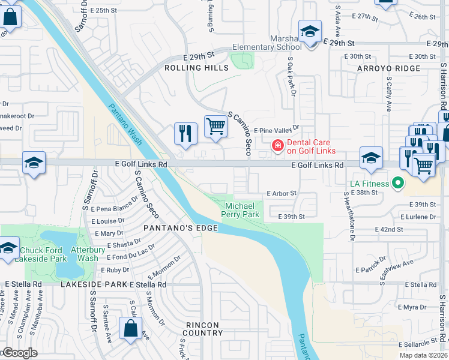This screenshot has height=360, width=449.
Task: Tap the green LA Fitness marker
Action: coord(397,182)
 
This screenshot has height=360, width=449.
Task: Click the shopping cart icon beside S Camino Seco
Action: coord(215,127)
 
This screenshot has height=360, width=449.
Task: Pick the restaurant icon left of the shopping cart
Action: coord(185,133)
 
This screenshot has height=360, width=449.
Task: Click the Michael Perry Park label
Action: coord(240,209)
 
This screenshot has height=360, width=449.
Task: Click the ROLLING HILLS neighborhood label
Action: coord(197,68)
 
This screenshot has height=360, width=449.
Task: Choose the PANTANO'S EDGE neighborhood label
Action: coord(172,229)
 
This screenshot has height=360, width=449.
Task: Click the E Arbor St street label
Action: coord(282,193)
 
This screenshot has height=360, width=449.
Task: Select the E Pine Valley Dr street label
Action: coord(276,130)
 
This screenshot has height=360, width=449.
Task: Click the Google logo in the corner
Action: coord(19,353)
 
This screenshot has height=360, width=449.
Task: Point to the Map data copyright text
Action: coord(423,355)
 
